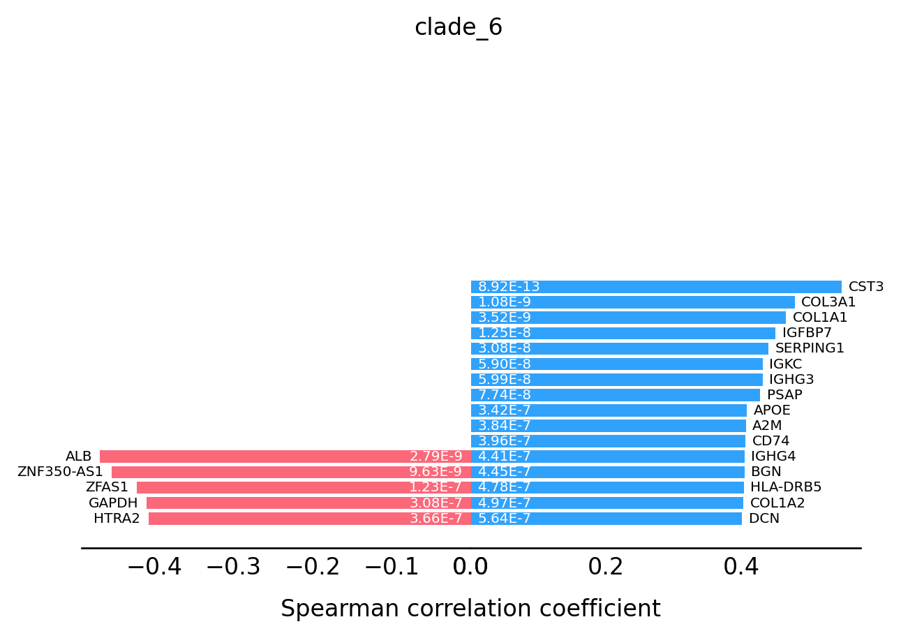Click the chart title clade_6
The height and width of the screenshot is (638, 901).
[458, 27]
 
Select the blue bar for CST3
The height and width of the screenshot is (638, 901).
[656, 287]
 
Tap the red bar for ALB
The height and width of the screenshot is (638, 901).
[285, 457]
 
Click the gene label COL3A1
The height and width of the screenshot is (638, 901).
[828, 302]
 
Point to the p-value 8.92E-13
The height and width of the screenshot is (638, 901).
[508, 287]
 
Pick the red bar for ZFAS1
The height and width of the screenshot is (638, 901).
[304, 487]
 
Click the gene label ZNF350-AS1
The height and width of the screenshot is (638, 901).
[60, 472]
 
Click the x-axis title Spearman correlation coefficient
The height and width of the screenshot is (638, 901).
[470, 609]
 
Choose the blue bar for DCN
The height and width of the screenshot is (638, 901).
[606, 519]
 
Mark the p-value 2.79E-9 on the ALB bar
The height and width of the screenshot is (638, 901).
[436, 457]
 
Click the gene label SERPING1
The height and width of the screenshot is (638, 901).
[810, 348]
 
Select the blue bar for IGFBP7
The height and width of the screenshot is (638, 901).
[623, 333]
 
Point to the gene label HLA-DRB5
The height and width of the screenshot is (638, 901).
[786, 487]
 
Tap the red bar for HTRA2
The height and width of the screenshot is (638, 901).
[310, 519]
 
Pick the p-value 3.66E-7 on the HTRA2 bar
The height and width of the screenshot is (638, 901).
[436, 519]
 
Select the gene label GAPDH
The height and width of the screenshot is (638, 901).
[113, 503]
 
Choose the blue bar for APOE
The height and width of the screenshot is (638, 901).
[609, 410]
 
